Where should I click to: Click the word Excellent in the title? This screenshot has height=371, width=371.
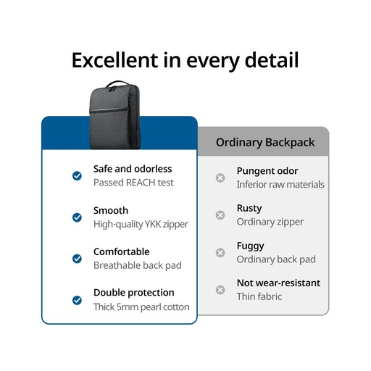click(115, 60)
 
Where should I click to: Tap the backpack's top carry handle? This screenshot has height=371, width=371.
click(117, 83)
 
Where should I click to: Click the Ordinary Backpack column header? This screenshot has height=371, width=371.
click(265, 142)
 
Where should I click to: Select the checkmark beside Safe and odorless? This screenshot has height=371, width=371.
click(77, 176)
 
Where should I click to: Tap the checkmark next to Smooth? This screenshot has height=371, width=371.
click(77, 217)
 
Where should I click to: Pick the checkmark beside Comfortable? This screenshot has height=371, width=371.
click(77, 259)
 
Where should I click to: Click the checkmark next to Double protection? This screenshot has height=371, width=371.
click(77, 300)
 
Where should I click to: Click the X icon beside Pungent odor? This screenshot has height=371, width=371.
click(220, 178)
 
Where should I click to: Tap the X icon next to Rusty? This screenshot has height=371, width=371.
click(220, 215)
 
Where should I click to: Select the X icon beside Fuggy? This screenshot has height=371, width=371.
click(220, 253)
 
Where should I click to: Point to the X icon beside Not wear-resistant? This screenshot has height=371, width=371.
click(220, 290)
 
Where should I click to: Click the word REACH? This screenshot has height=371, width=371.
click(141, 183)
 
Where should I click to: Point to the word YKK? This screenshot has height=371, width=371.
click(153, 224)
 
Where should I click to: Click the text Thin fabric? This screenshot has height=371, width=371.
click(259, 296)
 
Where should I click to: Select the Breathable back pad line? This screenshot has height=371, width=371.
click(138, 265)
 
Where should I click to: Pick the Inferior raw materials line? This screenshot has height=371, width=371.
click(280, 185)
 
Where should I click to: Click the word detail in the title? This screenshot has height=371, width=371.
click(272, 60)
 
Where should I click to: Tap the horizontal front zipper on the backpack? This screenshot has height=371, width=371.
click(109, 110)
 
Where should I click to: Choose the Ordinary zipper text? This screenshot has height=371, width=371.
click(270, 222)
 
